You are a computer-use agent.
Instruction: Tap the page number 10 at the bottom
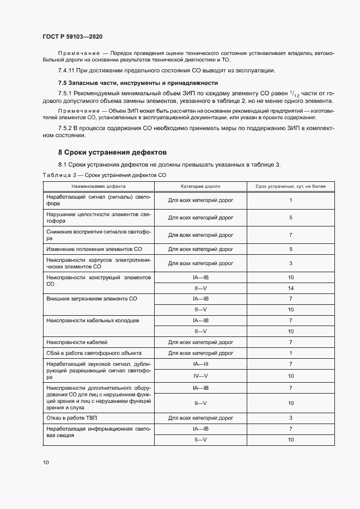coord(46,462)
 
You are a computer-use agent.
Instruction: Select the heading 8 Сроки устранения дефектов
coord(112,152)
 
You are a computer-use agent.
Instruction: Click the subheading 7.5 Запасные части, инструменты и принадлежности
coord(138,83)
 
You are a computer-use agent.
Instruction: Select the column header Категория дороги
coord(200,186)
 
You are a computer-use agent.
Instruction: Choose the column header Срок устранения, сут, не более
coord(291,186)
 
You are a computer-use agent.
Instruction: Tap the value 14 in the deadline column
coord(291,288)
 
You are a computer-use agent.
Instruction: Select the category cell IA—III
coord(200,364)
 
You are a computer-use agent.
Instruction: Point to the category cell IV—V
coord(200,375)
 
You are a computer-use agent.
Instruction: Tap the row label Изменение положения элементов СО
coord(87,249)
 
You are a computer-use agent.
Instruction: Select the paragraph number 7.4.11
coord(68,71)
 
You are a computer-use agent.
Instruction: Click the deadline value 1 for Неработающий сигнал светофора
coord(291,200)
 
